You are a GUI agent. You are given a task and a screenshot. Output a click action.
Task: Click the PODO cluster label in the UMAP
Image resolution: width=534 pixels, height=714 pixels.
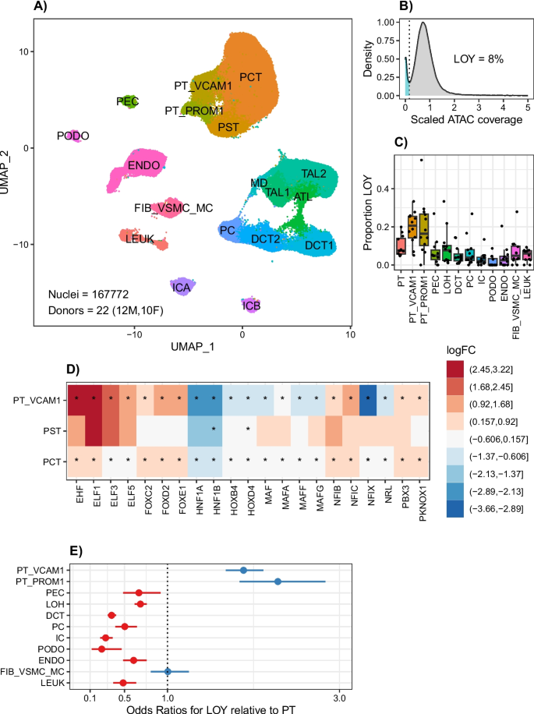click(x=73, y=136)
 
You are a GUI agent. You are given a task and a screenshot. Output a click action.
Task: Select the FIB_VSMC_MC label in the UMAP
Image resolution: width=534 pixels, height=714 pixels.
click(x=166, y=208)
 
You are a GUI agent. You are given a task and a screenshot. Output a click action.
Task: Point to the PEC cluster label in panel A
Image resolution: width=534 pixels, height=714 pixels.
click(x=127, y=101)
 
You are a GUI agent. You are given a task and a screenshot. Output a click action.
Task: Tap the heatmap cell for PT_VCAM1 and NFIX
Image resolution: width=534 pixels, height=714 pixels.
click(x=369, y=400)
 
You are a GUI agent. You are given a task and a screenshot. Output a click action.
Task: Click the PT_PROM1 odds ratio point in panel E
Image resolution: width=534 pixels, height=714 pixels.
click(x=278, y=581)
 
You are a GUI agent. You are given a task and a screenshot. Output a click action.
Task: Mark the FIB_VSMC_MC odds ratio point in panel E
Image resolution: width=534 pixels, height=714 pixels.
click(x=168, y=672)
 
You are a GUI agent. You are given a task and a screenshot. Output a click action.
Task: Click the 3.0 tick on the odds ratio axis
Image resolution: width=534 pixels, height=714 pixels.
click(x=337, y=695)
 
